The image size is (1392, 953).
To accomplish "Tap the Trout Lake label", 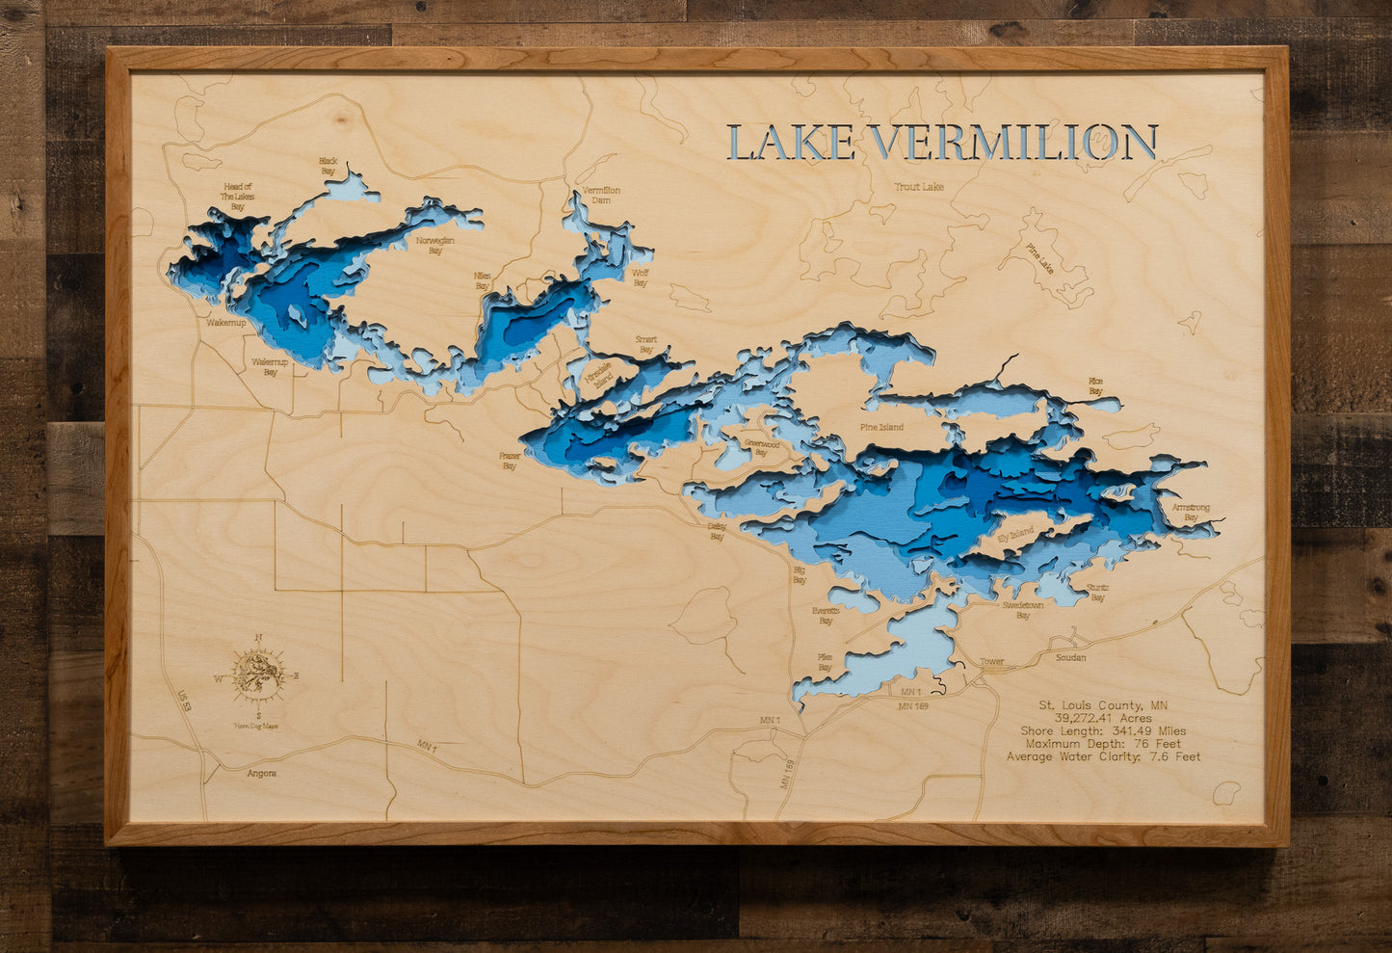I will [x=918, y=186].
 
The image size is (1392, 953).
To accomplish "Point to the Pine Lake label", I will [x=1039, y=257].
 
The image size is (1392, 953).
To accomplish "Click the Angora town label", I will [x=261, y=773].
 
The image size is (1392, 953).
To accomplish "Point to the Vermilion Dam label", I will [x=601, y=195].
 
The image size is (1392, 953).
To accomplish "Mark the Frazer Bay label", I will [x=509, y=461].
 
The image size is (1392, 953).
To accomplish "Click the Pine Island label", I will [x=881, y=426].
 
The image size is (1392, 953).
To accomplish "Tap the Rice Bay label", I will [x=1095, y=385].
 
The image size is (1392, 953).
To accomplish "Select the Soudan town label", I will [x=1070, y=657].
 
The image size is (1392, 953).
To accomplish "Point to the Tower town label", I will [x=991, y=662].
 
